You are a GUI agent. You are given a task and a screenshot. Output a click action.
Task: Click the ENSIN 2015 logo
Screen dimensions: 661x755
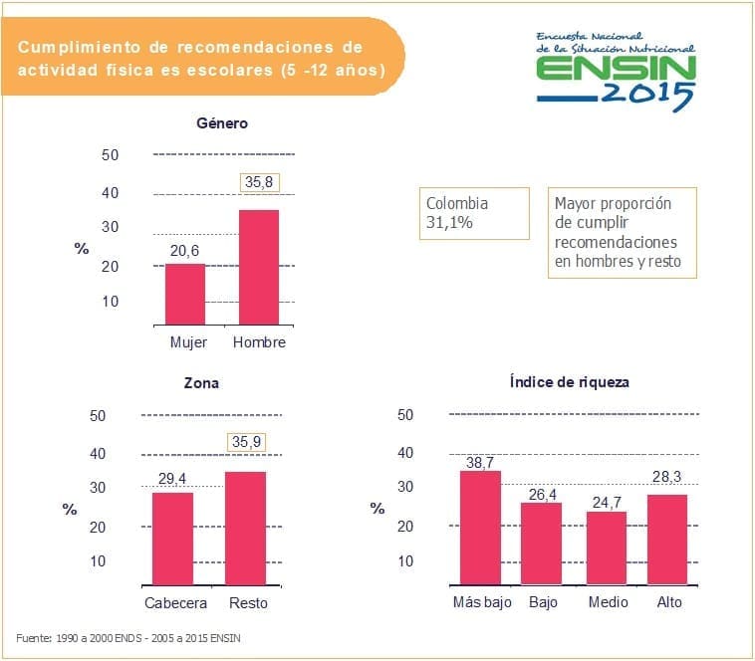pos(616,68)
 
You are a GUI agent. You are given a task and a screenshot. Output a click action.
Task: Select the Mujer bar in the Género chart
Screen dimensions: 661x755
pos(184,294)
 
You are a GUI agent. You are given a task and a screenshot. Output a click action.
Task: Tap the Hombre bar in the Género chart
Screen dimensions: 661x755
pos(258,267)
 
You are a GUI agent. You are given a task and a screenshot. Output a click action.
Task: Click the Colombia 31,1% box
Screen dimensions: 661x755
pos(475,213)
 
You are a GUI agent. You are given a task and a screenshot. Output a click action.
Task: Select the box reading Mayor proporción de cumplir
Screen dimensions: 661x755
pos(624,233)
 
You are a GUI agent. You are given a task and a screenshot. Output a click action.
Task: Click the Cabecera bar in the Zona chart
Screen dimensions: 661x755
pos(172,539)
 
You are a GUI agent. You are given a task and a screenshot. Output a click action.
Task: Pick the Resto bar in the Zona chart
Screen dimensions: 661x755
pos(247,528)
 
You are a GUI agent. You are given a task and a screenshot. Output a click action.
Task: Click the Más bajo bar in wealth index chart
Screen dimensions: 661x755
pos(480,527)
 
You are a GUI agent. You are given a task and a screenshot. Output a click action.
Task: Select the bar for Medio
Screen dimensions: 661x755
pos(606,548)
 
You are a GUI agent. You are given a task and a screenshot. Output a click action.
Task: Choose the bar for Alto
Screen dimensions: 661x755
pos(667,540)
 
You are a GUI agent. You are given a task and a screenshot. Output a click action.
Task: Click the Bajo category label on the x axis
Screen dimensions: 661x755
pos(543,603)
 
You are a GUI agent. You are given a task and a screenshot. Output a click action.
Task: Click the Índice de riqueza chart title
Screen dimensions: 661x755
pos(569,381)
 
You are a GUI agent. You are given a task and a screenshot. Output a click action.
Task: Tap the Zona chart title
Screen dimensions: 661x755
pos(201,382)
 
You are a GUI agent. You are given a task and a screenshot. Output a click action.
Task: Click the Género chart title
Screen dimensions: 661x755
pos(221,123)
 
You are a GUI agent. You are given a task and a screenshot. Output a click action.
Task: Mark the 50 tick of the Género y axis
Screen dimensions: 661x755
pos(110,155)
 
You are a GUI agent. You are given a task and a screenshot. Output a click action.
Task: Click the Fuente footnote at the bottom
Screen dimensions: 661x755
pos(128,637)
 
